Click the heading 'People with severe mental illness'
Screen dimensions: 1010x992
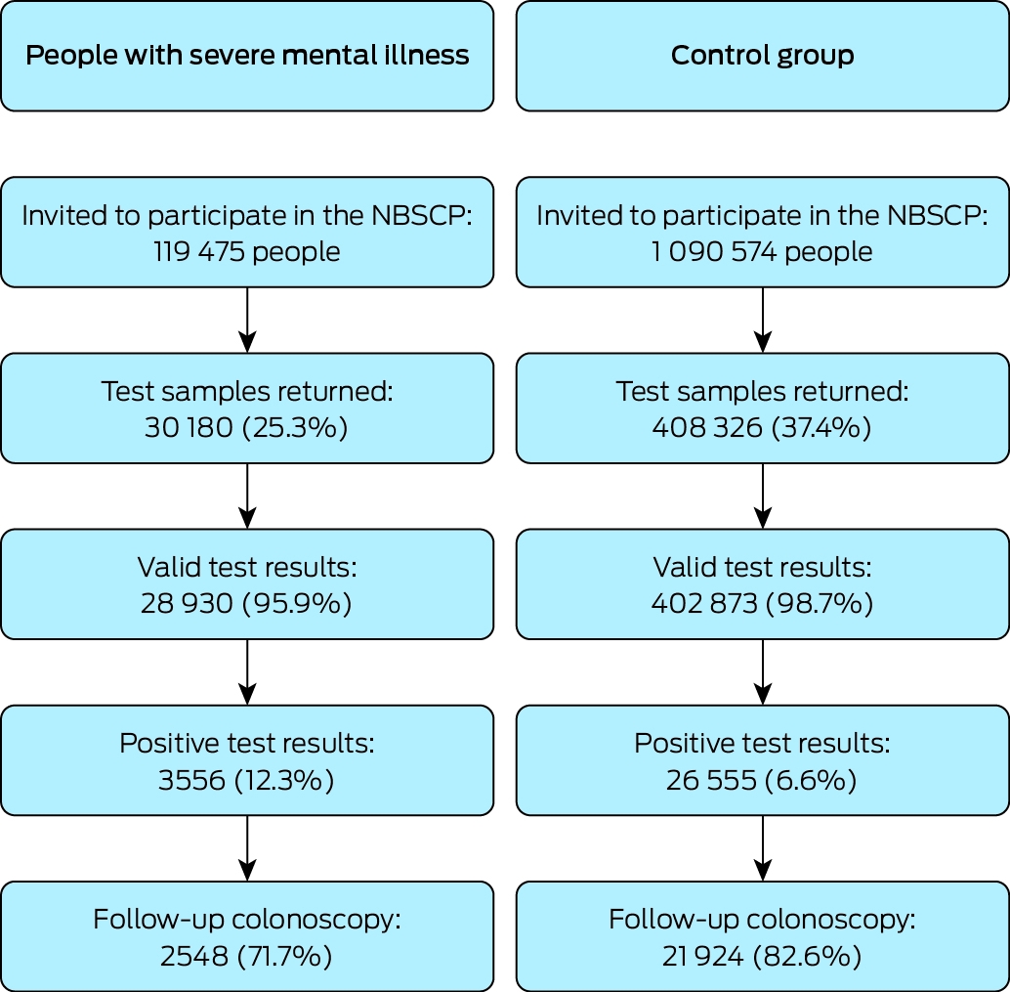247,55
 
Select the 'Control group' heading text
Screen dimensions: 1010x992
763,56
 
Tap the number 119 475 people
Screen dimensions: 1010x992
247,251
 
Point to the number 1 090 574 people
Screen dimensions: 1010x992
762,251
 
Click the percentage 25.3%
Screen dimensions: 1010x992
295,427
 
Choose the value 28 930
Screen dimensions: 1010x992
187,603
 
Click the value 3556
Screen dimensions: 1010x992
191,780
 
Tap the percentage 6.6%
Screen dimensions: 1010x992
811,780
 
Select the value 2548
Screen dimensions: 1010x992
193,956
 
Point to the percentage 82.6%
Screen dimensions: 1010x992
808,956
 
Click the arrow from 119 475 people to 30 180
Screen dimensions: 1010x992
247,320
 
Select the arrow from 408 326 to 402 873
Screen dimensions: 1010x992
763,496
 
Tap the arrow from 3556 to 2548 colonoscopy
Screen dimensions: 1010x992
247,848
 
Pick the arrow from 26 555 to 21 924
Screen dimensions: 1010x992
763,848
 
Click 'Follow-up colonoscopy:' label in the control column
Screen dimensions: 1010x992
762,920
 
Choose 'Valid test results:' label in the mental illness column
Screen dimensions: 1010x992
247,567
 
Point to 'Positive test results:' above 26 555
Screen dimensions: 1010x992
762,743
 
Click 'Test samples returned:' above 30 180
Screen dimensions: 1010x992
247,391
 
